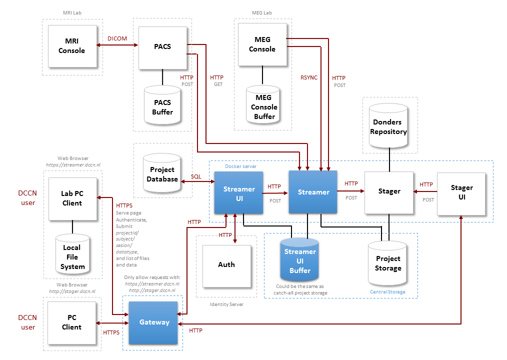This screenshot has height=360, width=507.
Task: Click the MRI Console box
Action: point(72,46)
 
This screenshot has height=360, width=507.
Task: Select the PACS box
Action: point(162,47)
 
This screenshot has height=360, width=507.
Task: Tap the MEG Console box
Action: point(262,44)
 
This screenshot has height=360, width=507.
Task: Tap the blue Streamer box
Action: point(313,192)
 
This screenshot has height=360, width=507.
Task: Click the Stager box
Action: point(389,191)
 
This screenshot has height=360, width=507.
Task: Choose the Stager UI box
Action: point(461,193)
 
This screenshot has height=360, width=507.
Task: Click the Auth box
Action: point(226,264)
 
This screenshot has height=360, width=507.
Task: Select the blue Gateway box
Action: point(153,322)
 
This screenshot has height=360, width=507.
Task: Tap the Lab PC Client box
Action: point(72,198)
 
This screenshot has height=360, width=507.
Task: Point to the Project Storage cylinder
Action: point(387,262)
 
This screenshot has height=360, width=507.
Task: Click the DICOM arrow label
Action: point(117,38)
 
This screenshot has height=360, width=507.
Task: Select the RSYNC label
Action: point(308,78)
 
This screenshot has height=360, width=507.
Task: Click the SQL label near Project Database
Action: point(196,177)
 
